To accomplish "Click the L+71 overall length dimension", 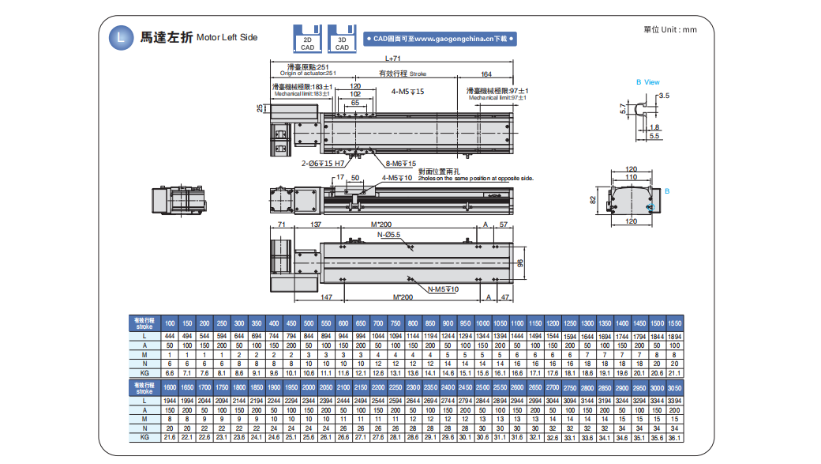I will [x=392, y=58].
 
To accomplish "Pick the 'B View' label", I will [x=647, y=82].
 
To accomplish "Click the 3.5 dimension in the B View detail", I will [x=663, y=96].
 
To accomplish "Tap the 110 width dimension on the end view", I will [x=631, y=177].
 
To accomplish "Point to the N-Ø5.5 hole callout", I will [x=388, y=235].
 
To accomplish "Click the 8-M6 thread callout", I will [x=400, y=163].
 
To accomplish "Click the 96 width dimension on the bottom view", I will [x=520, y=263].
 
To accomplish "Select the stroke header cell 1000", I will [x=482, y=324].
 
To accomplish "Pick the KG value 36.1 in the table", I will [x=674, y=437].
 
